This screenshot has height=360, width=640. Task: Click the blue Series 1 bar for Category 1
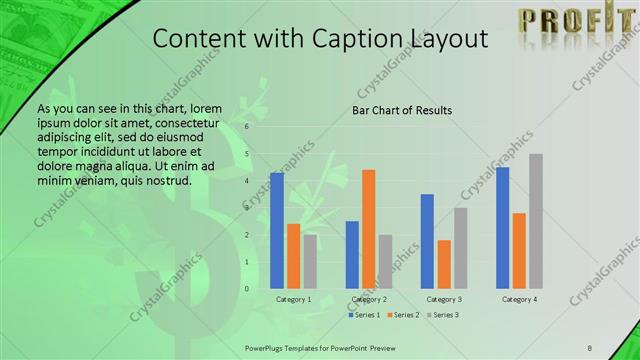pos(277,231)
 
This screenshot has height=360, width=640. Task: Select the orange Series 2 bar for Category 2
pos(368,229)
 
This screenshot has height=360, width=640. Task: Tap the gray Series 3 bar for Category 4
pos(536,221)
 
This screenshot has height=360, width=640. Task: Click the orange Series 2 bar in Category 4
pos(519,251)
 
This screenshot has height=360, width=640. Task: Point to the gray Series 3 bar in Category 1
pos(310,262)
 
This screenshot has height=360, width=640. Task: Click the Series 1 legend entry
pos(363,315)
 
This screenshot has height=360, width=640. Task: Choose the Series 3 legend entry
pos(443,315)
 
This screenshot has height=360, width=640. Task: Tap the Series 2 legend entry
pos(403,315)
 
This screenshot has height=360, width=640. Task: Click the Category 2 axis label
pos(368,299)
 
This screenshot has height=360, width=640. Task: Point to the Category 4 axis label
pos(519,299)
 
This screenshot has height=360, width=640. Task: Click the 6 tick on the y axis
pos(248,127)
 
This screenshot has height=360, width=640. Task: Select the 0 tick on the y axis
pos(248,289)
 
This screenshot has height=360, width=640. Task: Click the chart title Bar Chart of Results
pos(402,109)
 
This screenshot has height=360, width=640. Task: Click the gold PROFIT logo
pos(571,20)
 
